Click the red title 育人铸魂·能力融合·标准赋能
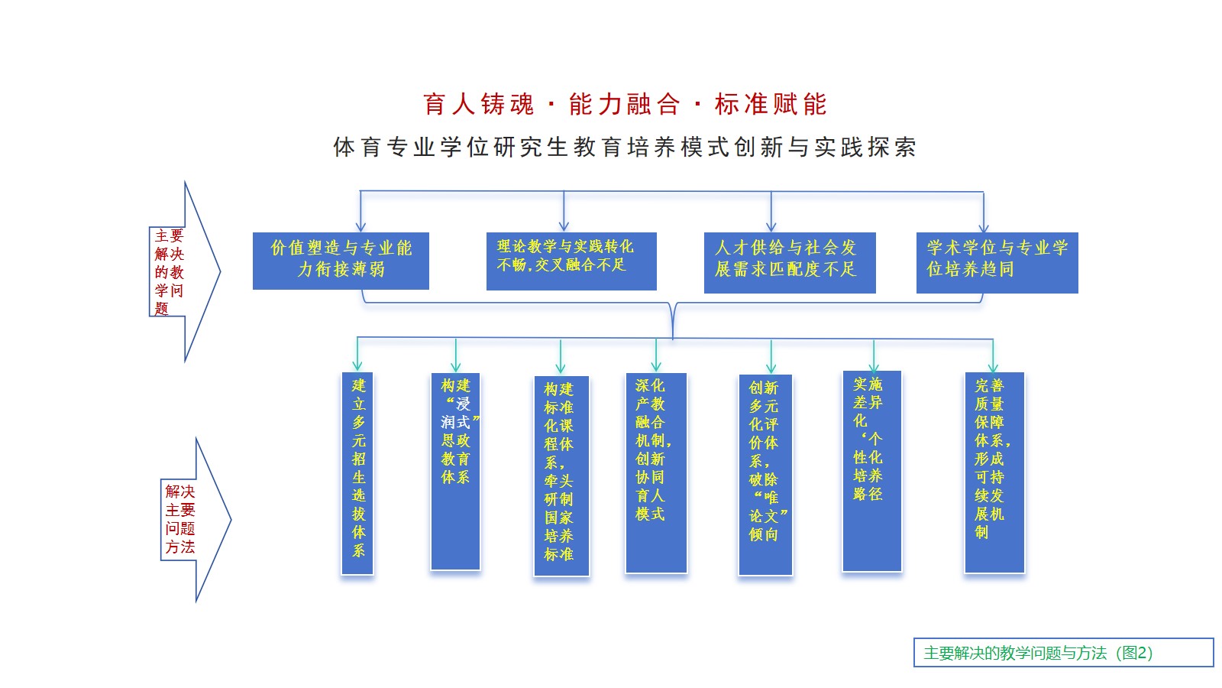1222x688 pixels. click(x=625, y=104)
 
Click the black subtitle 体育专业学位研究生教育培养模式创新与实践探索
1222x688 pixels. click(x=625, y=147)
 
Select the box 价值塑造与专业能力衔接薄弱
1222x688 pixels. click(x=341, y=261)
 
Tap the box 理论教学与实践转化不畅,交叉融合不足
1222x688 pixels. click(x=571, y=261)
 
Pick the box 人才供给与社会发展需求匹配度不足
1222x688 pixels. click(x=789, y=262)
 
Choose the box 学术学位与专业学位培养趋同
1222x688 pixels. click(x=997, y=262)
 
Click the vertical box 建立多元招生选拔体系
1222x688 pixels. click(x=357, y=473)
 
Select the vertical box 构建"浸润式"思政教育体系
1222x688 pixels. click(x=455, y=471)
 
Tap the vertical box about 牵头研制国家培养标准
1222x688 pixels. click(x=561, y=475)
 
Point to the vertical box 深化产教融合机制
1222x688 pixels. click(x=655, y=472)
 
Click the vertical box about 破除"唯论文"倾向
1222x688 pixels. click(x=765, y=475)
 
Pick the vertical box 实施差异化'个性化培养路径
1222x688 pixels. click(x=871, y=471)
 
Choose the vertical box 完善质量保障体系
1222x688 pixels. click(x=994, y=472)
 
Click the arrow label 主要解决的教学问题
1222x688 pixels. click(x=169, y=271)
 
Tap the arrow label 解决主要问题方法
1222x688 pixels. click(x=180, y=519)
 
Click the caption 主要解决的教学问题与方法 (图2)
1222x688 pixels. click(x=1062, y=653)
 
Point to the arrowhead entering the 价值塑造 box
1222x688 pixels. click(x=360, y=226)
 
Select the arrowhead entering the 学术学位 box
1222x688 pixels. click(x=984, y=226)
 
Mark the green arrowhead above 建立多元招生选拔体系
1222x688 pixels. click(x=357, y=365)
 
